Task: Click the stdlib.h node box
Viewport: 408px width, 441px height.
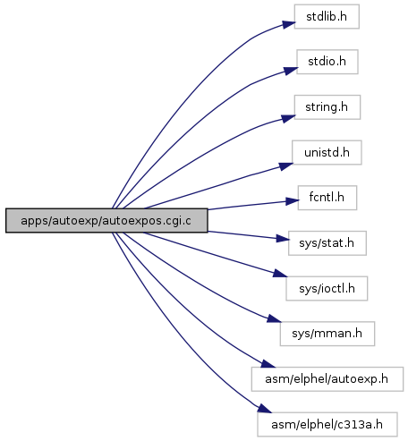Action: (327, 16)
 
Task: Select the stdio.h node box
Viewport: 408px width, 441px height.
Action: (327, 62)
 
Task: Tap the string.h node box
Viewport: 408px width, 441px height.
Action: (327, 107)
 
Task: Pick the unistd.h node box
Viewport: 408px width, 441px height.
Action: (327, 152)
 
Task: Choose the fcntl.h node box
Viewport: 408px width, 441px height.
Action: (327, 198)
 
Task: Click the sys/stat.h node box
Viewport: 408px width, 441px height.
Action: (327, 243)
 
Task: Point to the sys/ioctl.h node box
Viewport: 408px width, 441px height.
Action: (327, 288)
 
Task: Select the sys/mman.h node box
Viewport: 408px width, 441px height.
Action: (327, 334)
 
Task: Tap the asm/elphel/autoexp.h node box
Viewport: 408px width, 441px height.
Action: (327, 379)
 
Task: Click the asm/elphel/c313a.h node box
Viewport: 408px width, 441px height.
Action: (327, 424)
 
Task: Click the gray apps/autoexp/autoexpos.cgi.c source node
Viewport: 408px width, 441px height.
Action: (106, 221)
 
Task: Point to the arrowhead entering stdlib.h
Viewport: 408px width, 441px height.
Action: (289, 24)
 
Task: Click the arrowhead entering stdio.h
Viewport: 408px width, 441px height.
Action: (291, 71)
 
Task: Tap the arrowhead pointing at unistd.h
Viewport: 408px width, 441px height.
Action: (286, 166)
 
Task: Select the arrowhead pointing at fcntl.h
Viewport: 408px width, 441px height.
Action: (293, 201)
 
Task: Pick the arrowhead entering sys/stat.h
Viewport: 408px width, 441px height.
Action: (283, 238)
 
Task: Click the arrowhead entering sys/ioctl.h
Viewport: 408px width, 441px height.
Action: (280, 274)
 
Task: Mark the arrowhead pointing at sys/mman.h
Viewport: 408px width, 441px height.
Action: (274, 318)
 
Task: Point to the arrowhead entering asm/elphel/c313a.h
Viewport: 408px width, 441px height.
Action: (265, 409)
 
